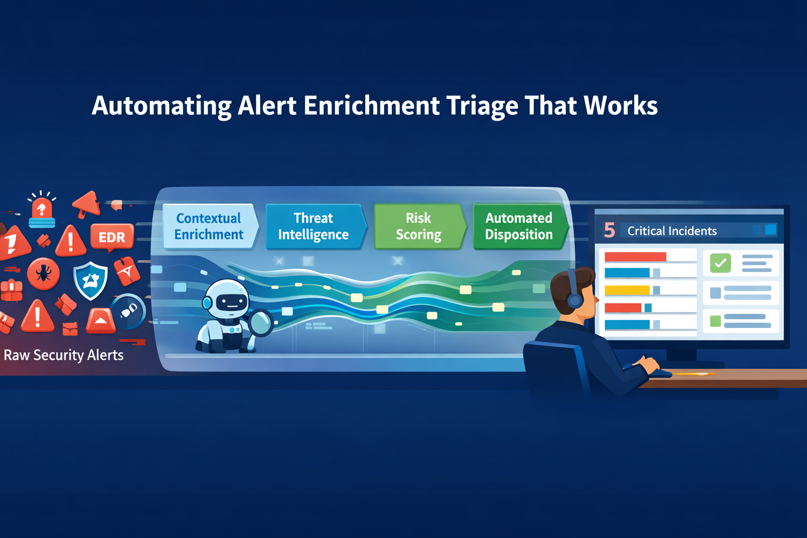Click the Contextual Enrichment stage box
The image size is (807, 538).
click(209, 226)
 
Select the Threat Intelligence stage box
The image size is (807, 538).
click(314, 226)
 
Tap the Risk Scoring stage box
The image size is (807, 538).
click(418, 226)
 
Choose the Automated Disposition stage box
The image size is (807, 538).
click(519, 226)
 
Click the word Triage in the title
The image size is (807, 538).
click(482, 106)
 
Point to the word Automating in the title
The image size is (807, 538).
click(161, 106)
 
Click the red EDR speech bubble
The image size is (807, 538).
click(112, 237)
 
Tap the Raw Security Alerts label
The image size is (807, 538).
click(64, 355)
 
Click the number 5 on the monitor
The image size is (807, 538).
click(609, 230)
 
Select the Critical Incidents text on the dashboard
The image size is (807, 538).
click(672, 231)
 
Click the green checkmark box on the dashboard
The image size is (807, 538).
click(720, 263)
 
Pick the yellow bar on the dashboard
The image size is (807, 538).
click(627, 290)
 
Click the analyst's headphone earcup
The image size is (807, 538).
click(575, 300)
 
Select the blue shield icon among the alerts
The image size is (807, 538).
click(90, 280)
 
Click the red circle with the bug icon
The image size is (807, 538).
click(43, 273)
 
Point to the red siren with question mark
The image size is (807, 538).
click(42, 210)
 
